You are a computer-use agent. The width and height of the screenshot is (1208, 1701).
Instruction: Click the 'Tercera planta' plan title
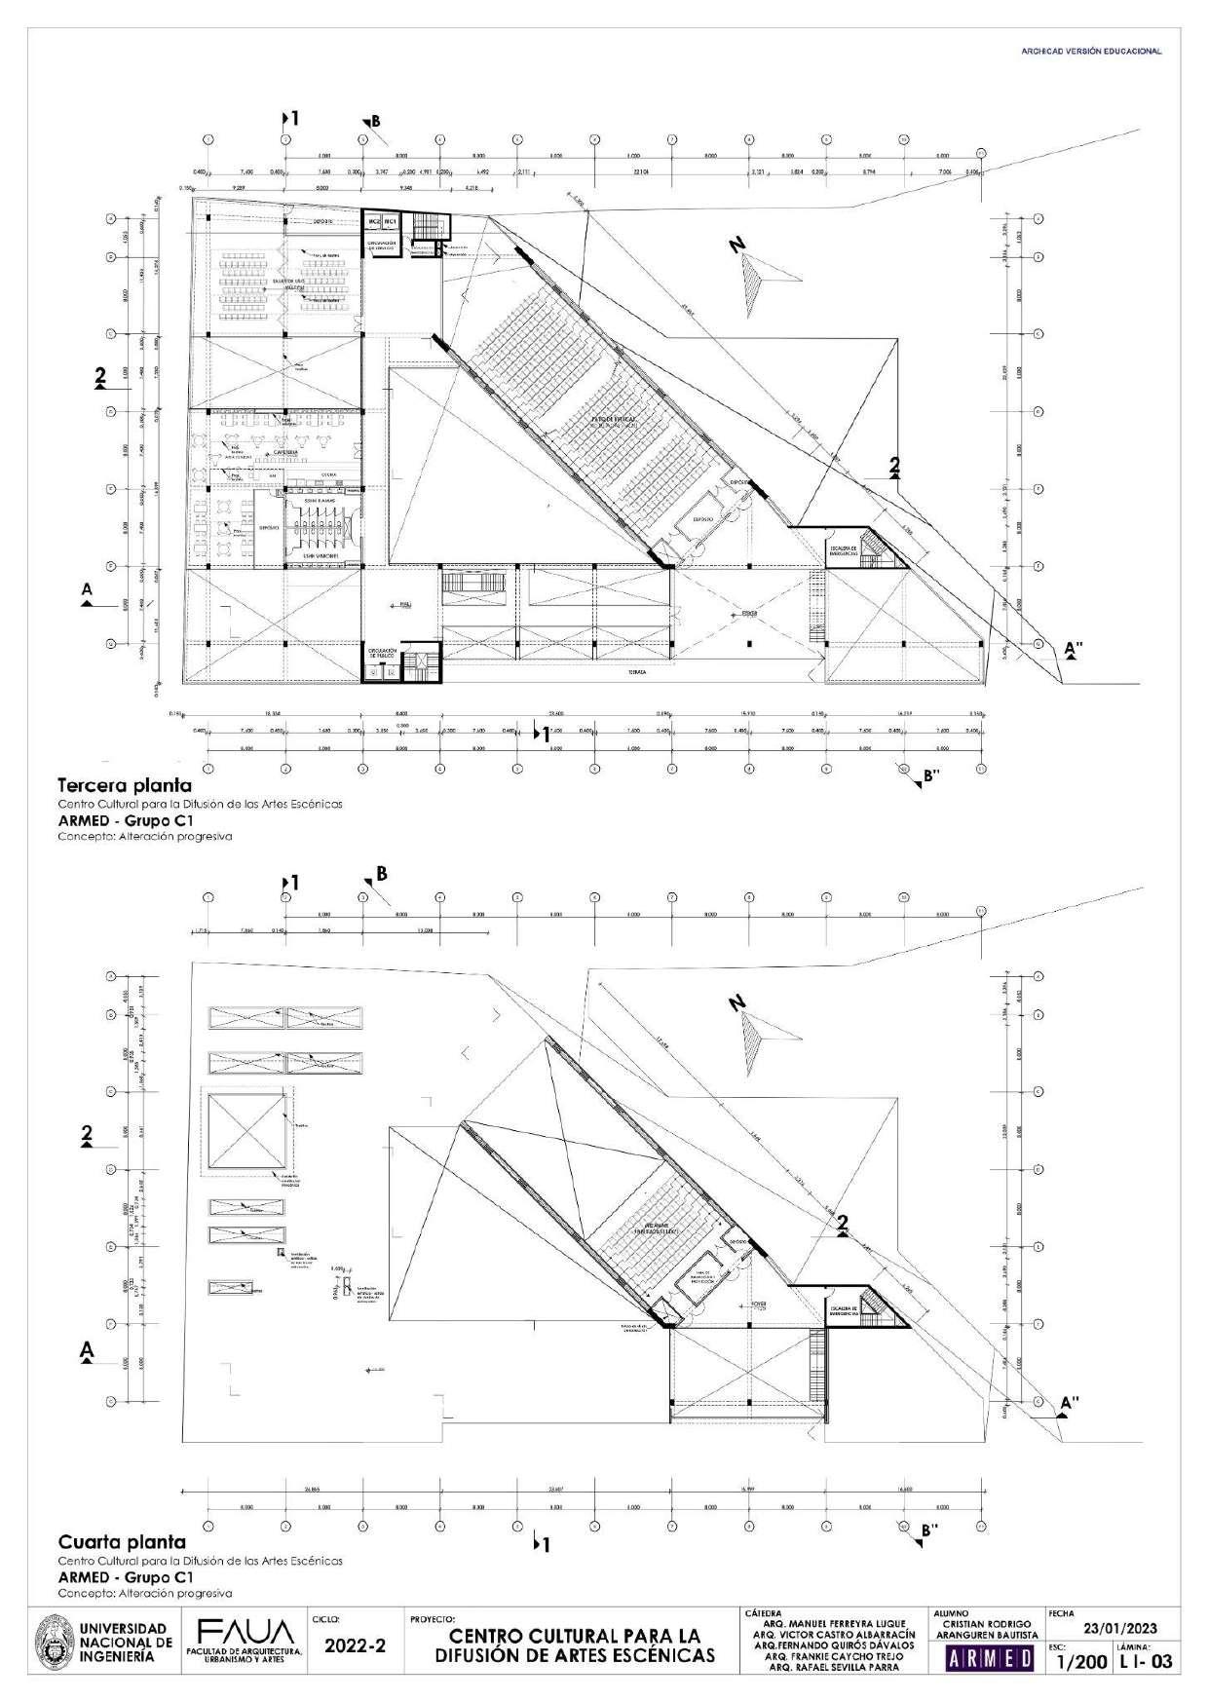pos(125,784)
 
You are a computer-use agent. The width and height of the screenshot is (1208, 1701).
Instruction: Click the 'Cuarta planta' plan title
pos(122,1542)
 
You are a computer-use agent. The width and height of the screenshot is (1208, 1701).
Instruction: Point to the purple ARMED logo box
pos(990,1661)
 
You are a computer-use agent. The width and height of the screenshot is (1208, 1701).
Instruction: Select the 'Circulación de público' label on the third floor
pos(380,653)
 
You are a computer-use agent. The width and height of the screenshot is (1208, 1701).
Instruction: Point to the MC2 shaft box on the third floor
pos(372,222)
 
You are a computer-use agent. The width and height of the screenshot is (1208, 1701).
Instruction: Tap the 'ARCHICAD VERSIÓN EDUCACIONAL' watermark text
pos(1090,52)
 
